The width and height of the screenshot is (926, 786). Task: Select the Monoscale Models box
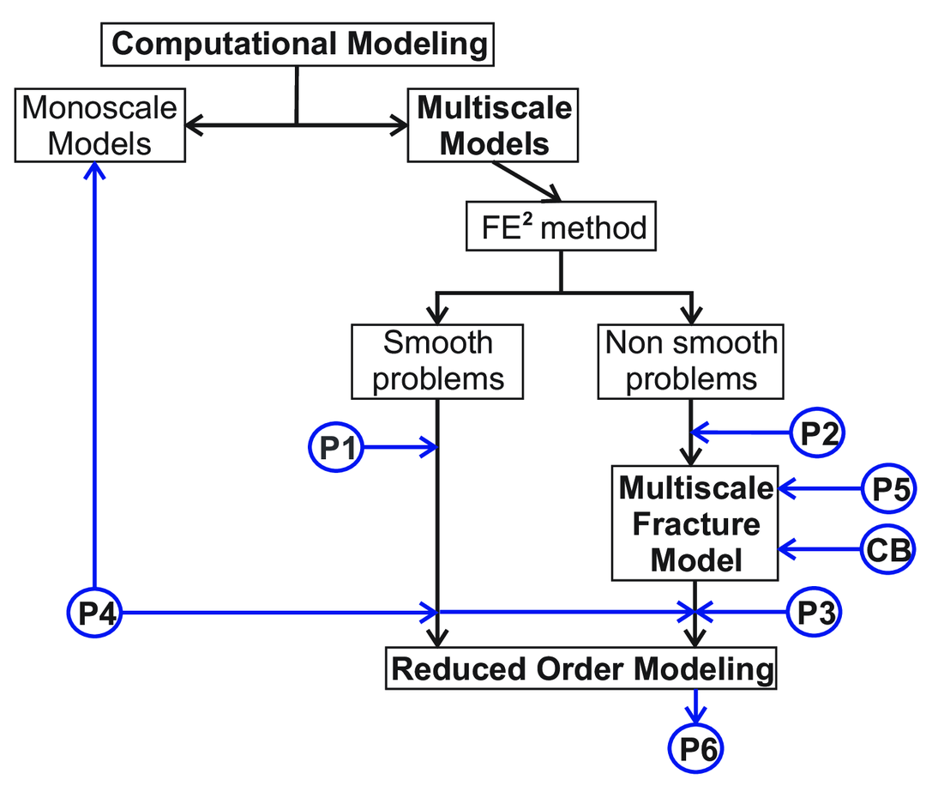tap(99, 125)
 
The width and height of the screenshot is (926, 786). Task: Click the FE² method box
tap(561, 227)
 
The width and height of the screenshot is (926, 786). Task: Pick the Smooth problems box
tap(438, 360)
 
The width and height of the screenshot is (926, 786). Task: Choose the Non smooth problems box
tap(691, 360)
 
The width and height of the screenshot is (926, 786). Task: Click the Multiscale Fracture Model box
tap(695, 523)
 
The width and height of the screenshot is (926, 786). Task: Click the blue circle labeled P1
tap(336, 447)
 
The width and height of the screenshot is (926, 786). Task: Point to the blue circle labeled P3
tap(815, 612)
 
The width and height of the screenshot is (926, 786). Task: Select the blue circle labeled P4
tap(95, 612)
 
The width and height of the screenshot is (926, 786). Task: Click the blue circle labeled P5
tap(887, 489)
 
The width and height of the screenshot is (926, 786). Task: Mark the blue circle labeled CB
tap(888, 548)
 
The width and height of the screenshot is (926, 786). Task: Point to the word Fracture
tap(695, 523)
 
